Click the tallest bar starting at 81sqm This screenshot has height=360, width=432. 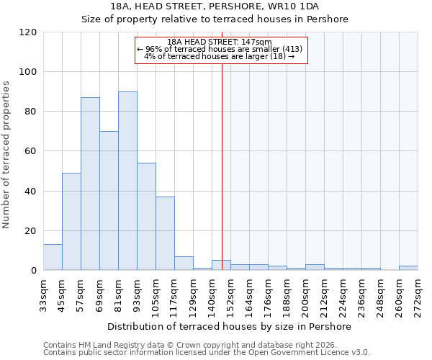tap(127, 181)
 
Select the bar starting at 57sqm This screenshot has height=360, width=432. tap(90, 184)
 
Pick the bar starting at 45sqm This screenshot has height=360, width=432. tap(71, 221)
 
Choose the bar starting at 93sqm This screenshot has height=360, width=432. tap(146, 216)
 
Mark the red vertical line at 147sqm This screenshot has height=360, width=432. tap(222, 166)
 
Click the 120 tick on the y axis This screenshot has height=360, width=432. tap(28, 32)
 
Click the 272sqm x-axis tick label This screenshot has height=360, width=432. tap(418, 293)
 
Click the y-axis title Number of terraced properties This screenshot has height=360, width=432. tap(7, 155)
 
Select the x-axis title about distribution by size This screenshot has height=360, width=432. tap(230, 326)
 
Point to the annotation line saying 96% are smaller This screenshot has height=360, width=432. tap(222, 49)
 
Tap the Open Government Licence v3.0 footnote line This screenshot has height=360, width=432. tap(207, 352)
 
